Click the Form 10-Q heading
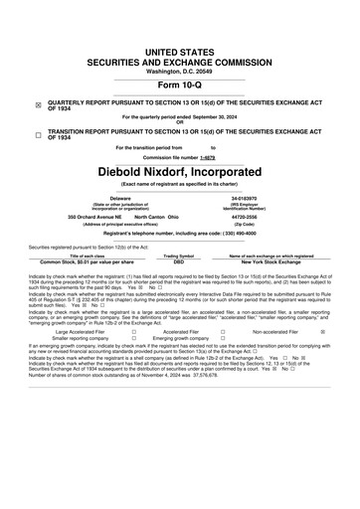point(179,84)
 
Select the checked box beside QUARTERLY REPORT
point(39,104)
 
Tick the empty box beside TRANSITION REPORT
point(39,134)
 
